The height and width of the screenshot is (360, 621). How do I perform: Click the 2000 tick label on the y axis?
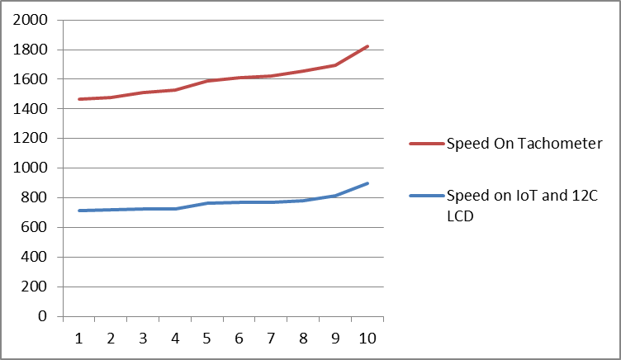[x=31, y=20]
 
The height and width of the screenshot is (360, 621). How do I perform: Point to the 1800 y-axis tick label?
[x=31, y=50]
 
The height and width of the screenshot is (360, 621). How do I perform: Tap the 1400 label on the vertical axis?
[x=31, y=109]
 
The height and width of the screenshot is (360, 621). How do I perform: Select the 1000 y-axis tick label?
[x=31, y=168]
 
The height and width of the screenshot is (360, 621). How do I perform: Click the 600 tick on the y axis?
[x=34, y=228]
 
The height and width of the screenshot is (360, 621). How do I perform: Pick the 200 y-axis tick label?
[x=34, y=287]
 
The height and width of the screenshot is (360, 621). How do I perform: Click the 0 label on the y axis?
[x=42, y=316]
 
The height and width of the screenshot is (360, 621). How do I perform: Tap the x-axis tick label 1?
[x=79, y=339]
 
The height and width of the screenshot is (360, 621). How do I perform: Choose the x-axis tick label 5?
[x=207, y=339]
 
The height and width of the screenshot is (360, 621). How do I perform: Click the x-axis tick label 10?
[x=367, y=339]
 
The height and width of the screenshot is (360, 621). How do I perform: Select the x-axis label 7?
[x=271, y=339]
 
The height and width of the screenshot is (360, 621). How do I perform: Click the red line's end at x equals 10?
[x=367, y=46]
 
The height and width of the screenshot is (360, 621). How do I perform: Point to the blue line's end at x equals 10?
[x=367, y=183]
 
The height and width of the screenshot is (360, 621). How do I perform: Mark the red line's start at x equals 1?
[x=79, y=99]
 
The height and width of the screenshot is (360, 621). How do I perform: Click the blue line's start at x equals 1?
[x=79, y=211]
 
